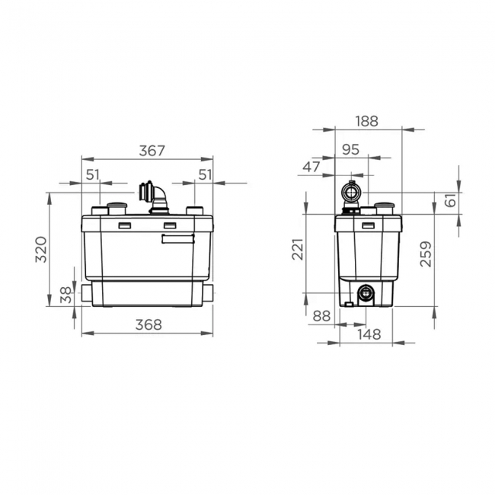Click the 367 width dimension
click(152, 151)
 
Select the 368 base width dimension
click(148, 324)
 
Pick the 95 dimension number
click(350, 150)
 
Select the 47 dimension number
click(312, 167)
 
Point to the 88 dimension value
click(321, 315)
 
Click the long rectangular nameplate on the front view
click(177, 238)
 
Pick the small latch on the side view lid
click(368, 225)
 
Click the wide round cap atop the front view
click(117, 207)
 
